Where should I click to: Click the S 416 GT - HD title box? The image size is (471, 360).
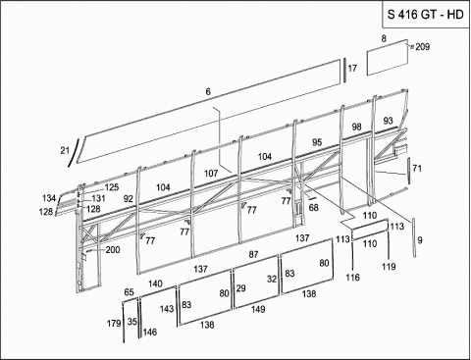point(426,15)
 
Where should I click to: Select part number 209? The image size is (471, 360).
point(422,47)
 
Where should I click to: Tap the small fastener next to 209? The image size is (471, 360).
point(412,46)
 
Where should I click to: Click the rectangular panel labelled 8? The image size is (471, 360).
point(388,58)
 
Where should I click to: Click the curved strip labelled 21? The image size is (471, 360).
point(74,152)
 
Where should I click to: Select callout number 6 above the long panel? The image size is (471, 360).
point(208,92)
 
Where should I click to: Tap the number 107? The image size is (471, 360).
point(211,174)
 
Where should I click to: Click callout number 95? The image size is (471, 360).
point(317,142)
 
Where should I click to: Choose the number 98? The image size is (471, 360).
point(357,127)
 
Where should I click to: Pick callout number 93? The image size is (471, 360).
point(388,121)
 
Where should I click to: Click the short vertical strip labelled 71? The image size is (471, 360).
point(408,171)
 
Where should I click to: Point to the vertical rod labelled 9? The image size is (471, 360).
point(414,237)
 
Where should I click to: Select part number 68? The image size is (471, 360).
point(314,208)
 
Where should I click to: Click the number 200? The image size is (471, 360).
point(113,250)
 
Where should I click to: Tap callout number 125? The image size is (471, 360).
point(112,187)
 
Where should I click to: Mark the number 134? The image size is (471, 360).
point(49,198)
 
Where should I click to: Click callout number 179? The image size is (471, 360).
point(114,324)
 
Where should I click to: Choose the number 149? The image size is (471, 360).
point(258,309)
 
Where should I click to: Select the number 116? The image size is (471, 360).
point(353,278)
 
